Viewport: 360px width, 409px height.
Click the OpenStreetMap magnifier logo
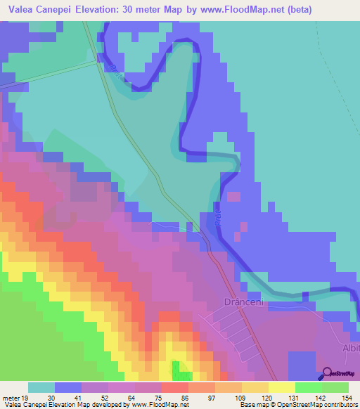[x=328, y=374]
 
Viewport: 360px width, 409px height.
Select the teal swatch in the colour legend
[x=41, y=387]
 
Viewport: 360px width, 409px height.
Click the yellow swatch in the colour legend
[x=281, y=387]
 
